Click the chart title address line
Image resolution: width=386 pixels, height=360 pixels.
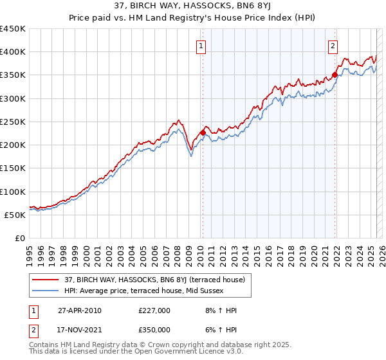(x=193, y=6)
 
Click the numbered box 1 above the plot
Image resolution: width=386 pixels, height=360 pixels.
(x=201, y=46)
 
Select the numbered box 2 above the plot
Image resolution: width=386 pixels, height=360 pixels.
(x=333, y=46)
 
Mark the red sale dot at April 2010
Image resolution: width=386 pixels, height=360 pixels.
(x=203, y=132)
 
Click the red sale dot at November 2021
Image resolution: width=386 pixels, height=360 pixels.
(x=335, y=75)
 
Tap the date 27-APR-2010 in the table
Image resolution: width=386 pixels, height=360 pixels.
(x=80, y=310)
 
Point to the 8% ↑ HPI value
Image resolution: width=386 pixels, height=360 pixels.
(x=212, y=310)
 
